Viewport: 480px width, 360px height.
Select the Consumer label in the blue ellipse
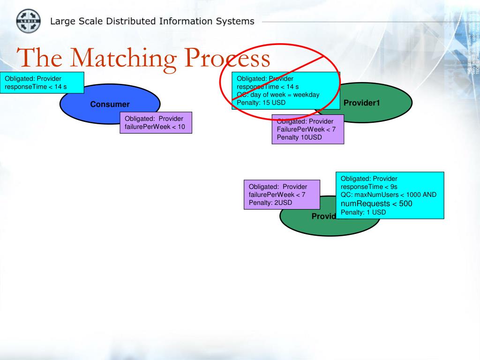click(110, 105)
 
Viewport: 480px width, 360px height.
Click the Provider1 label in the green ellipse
click(361, 103)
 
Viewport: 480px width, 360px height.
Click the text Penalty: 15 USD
click(261, 102)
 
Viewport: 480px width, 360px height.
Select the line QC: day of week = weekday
click(278, 95)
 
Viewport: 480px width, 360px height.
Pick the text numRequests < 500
click(376, 203)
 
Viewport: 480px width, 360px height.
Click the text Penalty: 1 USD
click(363, 212)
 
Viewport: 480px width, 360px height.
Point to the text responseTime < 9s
click(369, 187)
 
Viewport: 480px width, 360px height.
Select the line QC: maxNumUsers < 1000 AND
click(389, 195)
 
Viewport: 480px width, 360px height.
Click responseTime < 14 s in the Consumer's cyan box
click(36, 87)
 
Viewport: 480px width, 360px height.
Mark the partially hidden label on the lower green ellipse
click(324, 216)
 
